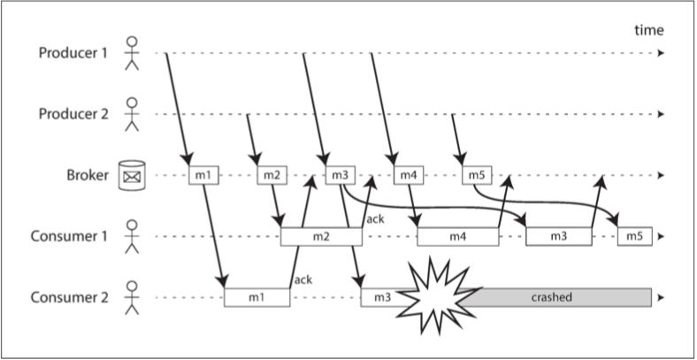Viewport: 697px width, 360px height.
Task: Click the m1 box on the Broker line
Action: click(x=203, y=175)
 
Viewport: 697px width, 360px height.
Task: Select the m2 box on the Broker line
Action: click(x=272, y=175)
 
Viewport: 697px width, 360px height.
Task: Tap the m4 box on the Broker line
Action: click(x=409, y=175)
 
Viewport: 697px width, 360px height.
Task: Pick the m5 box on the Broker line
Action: click(x=477, y=175)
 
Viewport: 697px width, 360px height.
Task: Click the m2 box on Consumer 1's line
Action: click(x=321, y=236)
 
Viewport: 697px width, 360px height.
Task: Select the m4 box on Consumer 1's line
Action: click(x=458, y=236)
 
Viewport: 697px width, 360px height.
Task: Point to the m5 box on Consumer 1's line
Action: click(x=635, y=236)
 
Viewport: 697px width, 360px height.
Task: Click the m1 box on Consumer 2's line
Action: click(x=257, y=297)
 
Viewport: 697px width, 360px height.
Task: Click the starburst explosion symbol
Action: click(x=437, y=295)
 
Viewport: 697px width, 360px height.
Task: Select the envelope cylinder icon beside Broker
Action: click(x=132, y=175)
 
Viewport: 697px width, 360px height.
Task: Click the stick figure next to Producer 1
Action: click(x=132, y=53)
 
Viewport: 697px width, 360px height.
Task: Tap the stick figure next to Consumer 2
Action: click(x=132, y=298)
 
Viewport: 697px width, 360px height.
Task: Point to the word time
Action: click(x=649, y=30)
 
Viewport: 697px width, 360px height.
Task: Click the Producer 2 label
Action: click(x=73, y=114)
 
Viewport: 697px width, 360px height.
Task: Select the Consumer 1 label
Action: click(x=69, y=236)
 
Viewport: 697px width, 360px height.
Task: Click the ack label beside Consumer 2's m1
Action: click(x=303, y=280)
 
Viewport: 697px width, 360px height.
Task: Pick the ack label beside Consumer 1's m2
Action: click(x=375, y=219)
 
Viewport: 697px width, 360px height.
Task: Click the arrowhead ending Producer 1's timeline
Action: click(x=661, y=53)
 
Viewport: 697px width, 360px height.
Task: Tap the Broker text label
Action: click(x=88, y=175)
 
